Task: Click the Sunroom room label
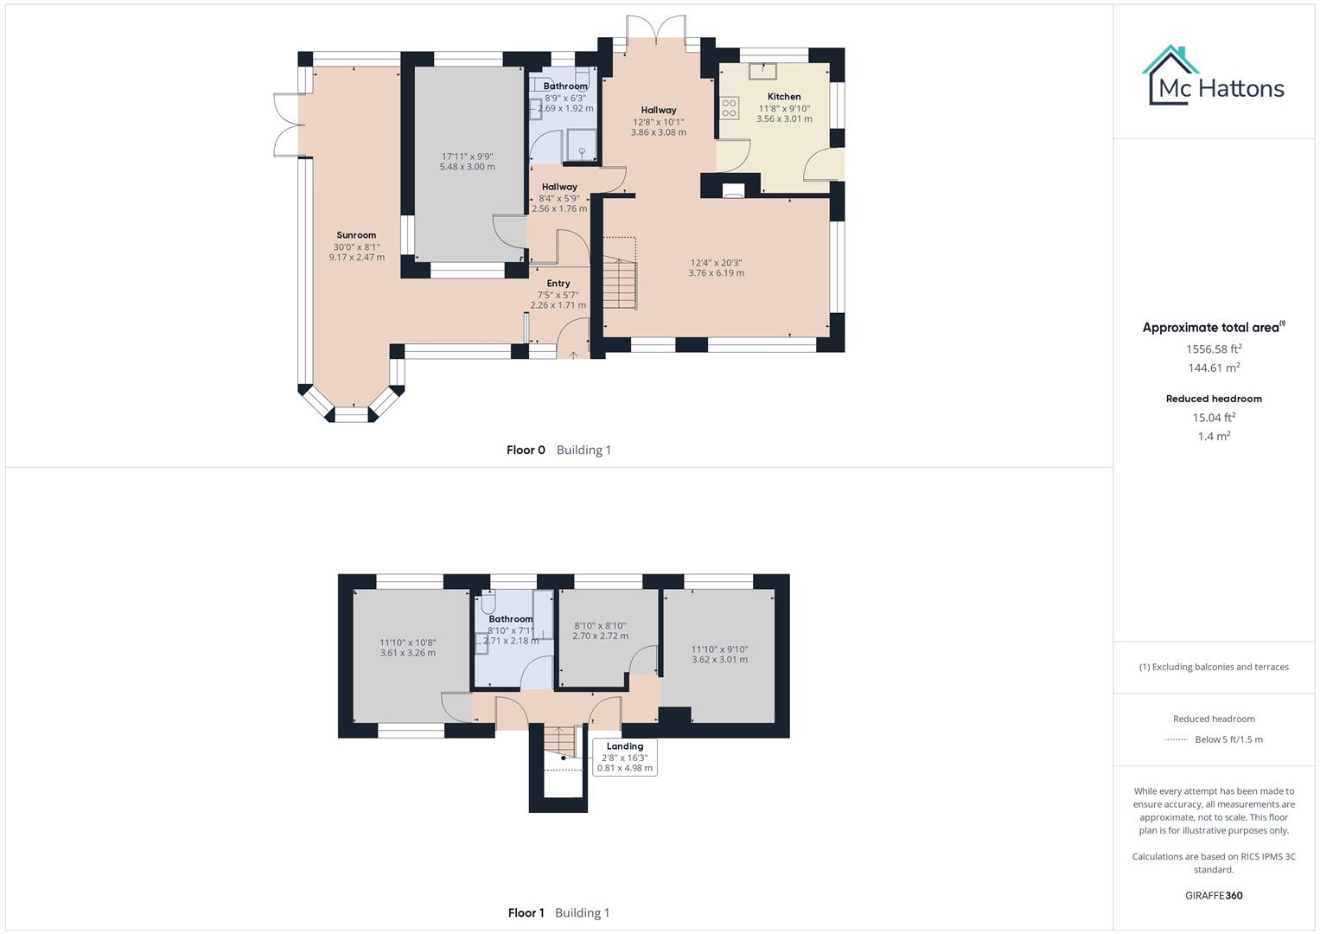(356, 235)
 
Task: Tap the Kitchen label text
(784, 97)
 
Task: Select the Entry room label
(558, 284)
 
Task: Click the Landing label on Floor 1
(624, 746)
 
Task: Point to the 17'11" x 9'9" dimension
(467, 157)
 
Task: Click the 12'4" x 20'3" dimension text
(716, 263)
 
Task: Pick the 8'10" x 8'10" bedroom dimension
(600, 626)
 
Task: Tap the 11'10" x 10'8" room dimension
(407, 643)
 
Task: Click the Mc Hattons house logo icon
(1171, 75)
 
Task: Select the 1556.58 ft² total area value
(1214, 349)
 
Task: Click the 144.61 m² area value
(1214, 368)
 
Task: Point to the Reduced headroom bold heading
(1214, 399)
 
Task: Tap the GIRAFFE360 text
(1214, 895)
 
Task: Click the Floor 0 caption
(526, 450)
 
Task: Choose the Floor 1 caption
(526, 912)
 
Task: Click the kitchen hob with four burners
(730, 108)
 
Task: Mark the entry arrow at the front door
(573, 353)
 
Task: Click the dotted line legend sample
(1177, 739)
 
